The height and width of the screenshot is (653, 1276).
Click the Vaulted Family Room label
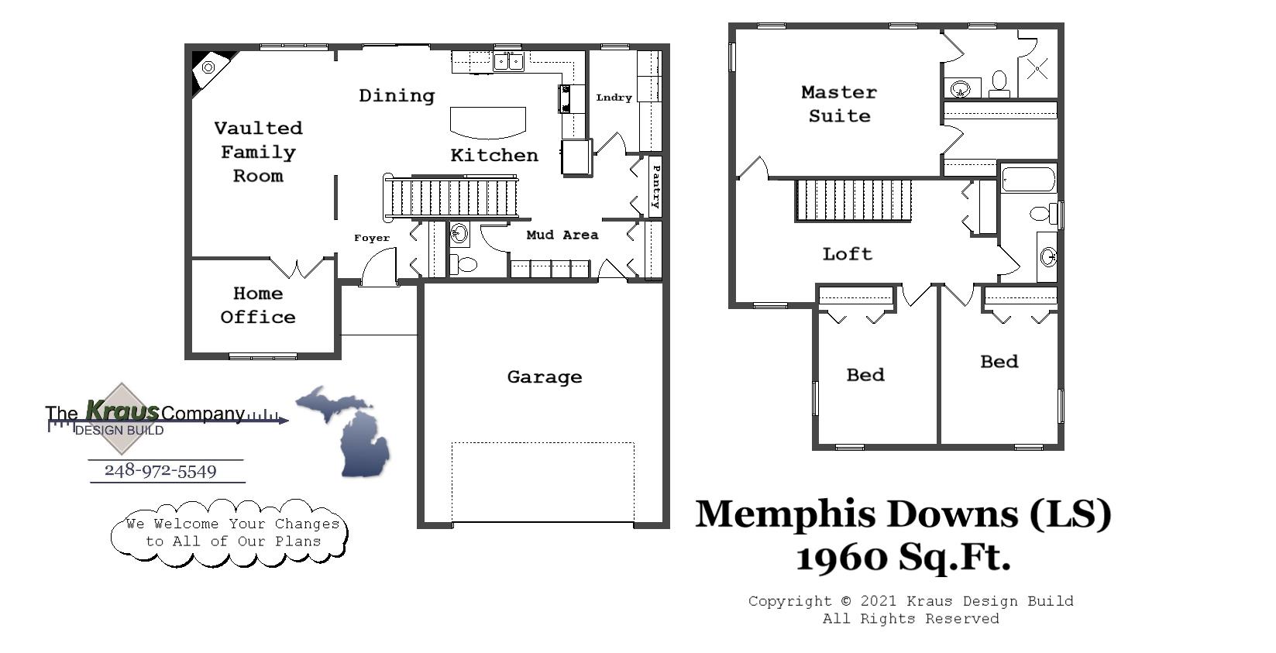[x=258, y=152]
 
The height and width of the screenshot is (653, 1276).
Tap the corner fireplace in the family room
[x=208, y=68]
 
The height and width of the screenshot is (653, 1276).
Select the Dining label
[x=397, y=96]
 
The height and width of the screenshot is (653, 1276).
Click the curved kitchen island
[x=488, y=122]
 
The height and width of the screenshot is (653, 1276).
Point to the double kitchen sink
[x=508, y=61]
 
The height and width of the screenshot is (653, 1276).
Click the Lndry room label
[x=614, y=98]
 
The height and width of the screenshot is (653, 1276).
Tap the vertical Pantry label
[x=655, y=187]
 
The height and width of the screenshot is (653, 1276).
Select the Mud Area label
[x=562, y=235]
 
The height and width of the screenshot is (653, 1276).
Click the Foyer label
[x=372, y=238]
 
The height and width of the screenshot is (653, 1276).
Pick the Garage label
[x=544, y=377]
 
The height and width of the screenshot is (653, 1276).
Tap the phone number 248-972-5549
[x=160, y=471]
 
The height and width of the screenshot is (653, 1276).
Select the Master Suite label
[x=839, y=104]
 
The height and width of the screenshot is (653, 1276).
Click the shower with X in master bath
[x=1037, y=70]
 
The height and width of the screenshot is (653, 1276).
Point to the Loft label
[x=847, y=254]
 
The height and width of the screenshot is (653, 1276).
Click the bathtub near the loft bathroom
[x=1028, y=180]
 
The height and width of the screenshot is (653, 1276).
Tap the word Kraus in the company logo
[x=122, y=410]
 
